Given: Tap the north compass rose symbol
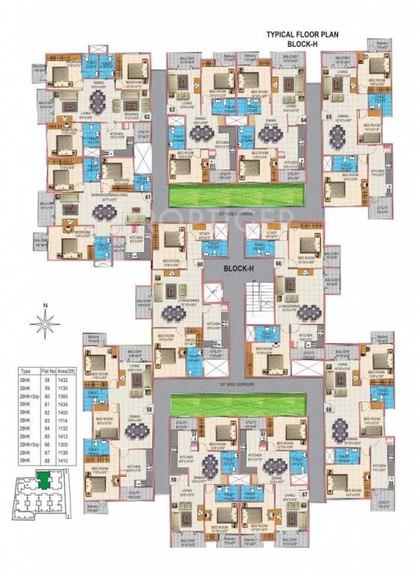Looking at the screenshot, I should pos(45,323).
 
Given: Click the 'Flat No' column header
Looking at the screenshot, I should pos(49,370).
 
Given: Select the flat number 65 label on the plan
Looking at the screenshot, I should pos(327,116).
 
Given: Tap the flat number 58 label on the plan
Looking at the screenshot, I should pos(149,410).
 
